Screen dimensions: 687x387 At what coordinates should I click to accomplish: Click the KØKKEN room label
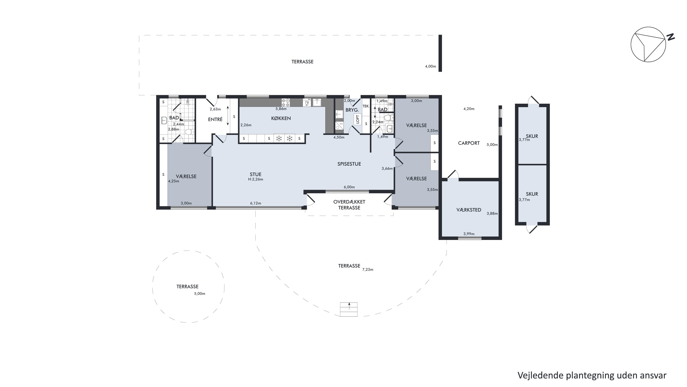pyautogui.click(x=281, y=118)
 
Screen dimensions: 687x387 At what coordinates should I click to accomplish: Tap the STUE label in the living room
pyautogui.click(x=256, y=174)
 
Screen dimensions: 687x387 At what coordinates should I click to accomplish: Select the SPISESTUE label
pyautogui.click(x=349, y=164)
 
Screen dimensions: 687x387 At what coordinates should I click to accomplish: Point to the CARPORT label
pyautogui.click(x=469, y=143)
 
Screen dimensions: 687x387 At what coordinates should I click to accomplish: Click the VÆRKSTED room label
pyautogui.click(x=469, y=210)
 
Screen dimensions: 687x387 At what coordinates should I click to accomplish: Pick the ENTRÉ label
pyautogui.click(x=215, y=119)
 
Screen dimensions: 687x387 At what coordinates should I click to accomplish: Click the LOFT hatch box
pyautogui.click(x=358, y=119)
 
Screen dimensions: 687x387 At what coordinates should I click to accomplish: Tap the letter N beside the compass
pyautogui.click(x=671, y=37)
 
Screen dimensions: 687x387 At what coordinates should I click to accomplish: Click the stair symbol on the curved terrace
pyautogui.click(x=349, y=309)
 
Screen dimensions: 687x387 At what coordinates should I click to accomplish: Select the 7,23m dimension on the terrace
pyautogui.click(x=368, y=270)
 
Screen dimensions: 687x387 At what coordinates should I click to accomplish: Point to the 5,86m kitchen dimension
pyautogui.click(x=281, y=109)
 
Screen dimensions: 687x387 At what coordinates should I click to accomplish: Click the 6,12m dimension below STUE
pyautogui.click(x=256, y=203)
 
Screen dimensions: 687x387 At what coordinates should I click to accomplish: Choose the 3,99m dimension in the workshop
pyautogui.click(x=469, y=234)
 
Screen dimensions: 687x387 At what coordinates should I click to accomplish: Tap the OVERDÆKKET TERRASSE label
pyautogui.click(x=349, y=205)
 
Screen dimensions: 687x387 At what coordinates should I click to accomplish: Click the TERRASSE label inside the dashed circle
pyautogui.click(x=188, y=287)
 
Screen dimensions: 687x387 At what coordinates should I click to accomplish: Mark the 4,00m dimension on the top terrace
pyautogui.click(x=431, y=67)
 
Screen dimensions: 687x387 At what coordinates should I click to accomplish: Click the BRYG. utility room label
pyautogui.click(x=352, y=110)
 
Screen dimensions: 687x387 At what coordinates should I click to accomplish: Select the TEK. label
pyautogui.click(x=366, y=106)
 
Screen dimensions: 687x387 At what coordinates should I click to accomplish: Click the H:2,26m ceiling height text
pyautogui.click(x=256, y=179)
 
